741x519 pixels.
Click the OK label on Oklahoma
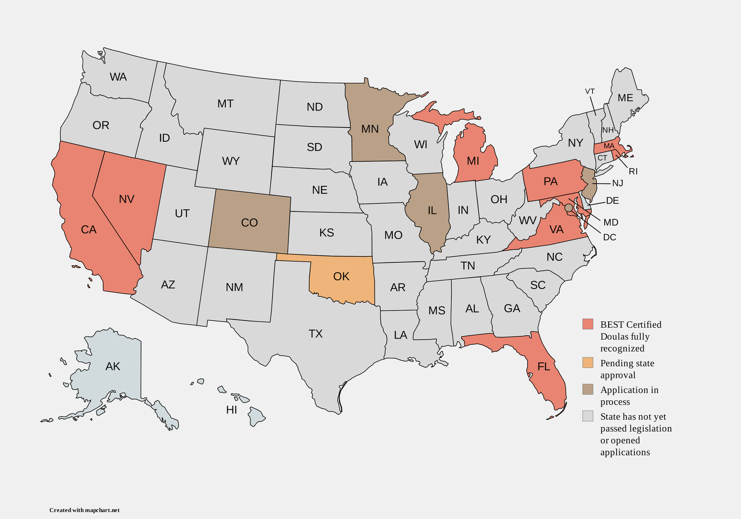pos(341,276)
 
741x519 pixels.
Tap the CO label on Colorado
pos(249,223)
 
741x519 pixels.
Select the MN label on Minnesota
pos(370,129)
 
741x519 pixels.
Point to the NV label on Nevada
pos(126,199)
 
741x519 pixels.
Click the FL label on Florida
pos(543,367)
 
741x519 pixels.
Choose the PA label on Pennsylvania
pos(550,181)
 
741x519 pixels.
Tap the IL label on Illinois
pos(432,211)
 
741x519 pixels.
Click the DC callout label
pos(610,237)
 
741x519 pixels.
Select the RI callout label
pos(633,172)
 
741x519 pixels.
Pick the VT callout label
pos(590,91)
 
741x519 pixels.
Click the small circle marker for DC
pos(569,208)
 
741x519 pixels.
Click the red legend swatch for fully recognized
pos(587,324)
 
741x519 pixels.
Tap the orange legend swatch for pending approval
pos(587,363)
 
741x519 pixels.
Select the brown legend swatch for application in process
pos(587,389)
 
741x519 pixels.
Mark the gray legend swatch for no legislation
pos(587,416)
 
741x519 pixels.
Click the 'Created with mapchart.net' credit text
pos(84,510)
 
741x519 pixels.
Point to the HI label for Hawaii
pos(231,410)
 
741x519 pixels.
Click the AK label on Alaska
pos(113,366)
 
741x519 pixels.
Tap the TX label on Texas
pos(316,334)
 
